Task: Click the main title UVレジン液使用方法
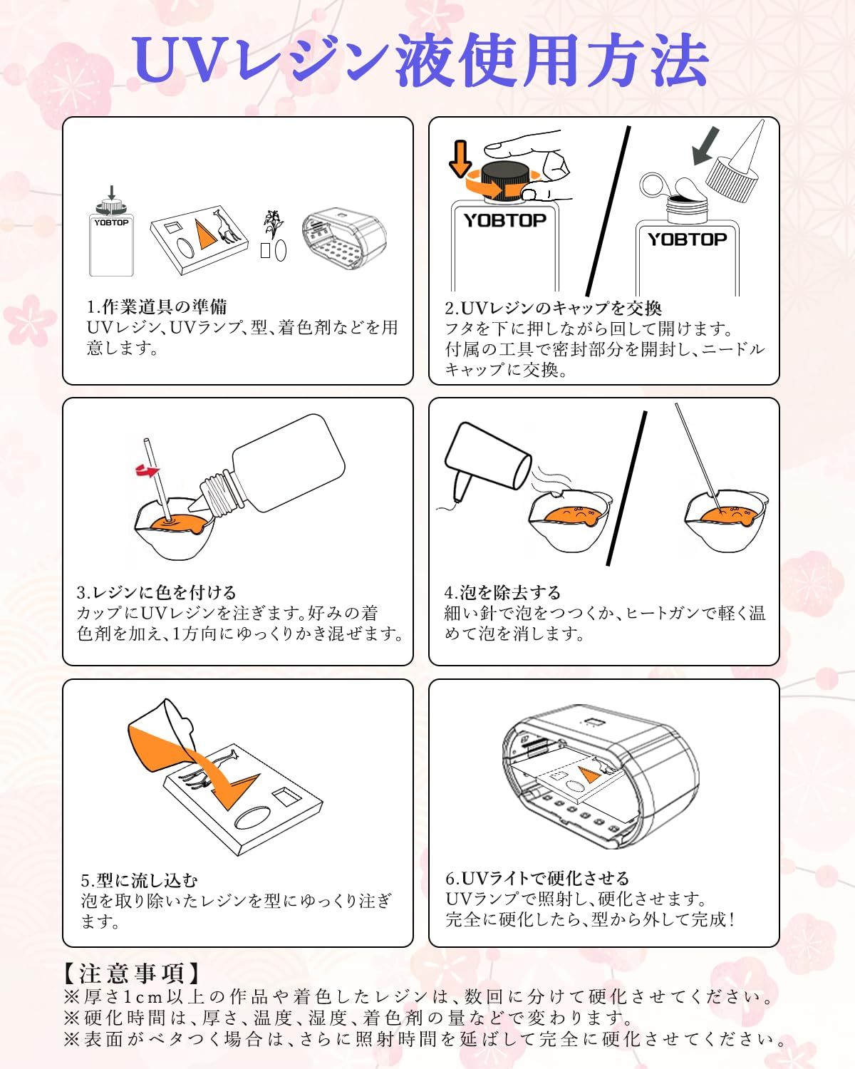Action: point(420,61)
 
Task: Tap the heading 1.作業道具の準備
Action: point(157,306)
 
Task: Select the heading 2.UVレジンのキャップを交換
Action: point(553,308)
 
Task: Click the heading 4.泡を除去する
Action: point(502,592)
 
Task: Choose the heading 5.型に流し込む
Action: point(139,881)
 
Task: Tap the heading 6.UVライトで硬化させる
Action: point(537,878)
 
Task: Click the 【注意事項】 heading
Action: point(132,973)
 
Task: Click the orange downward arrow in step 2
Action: point(460,158)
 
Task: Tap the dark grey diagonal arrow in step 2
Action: point(705,145)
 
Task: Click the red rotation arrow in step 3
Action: point(147,470)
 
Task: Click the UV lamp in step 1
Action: point(344,239)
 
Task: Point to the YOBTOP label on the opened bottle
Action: point(687,239)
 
